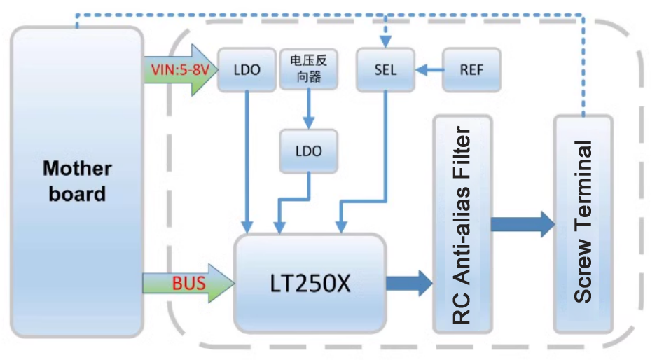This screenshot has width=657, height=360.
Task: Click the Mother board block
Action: (x=77, y=182)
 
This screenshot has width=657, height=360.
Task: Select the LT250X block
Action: (x=310, y=283)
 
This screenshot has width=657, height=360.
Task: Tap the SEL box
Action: (x=385, y=70)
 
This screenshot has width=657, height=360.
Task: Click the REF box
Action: (x=471, y=70)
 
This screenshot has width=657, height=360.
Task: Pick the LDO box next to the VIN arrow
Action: (x=246, y=70)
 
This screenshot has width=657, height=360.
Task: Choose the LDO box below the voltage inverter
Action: (x=308, y=151)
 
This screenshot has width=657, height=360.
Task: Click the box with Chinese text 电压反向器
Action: (x=308, y=69)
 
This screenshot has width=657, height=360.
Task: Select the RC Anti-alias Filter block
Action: (x=462, y=224)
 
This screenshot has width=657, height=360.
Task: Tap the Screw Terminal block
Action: (x=583, y=224)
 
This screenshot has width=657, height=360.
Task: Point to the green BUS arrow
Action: (x=186, y=283)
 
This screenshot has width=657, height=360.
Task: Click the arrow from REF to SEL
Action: (x=429, y=70)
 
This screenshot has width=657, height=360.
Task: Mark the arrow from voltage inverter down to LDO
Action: (x=308, y=109)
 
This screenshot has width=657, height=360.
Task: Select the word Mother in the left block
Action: (x=77, y=169)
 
